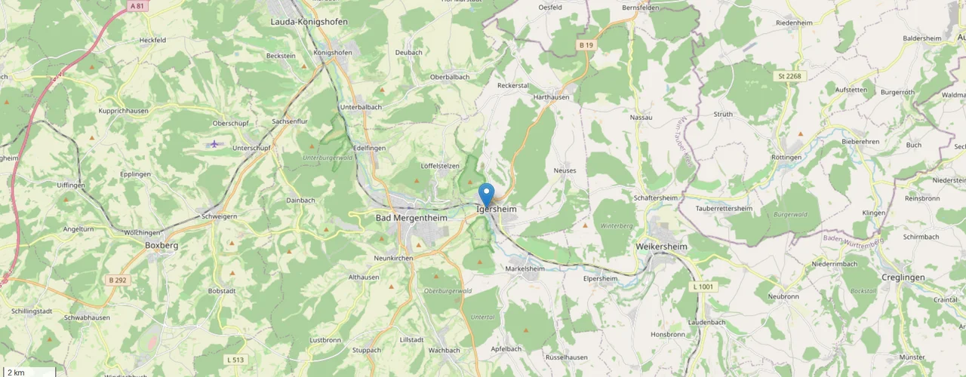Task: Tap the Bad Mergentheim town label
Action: click(411, 218)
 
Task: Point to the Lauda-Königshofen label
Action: click(309, 22)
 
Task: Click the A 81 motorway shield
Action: click(137, 6)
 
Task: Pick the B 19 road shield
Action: click(586, 45)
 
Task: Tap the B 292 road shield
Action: click(117, 280)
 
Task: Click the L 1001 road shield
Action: click(702, 287)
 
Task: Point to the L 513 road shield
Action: click(234, 360)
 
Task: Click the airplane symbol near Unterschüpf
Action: click(215, 143)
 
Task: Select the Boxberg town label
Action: click(161, 245)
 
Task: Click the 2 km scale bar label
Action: click(16, 372)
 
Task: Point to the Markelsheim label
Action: click(525, 268)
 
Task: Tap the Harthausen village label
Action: click(551, 97)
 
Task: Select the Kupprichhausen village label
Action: click(123, 111)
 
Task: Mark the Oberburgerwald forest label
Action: click(448, 291)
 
